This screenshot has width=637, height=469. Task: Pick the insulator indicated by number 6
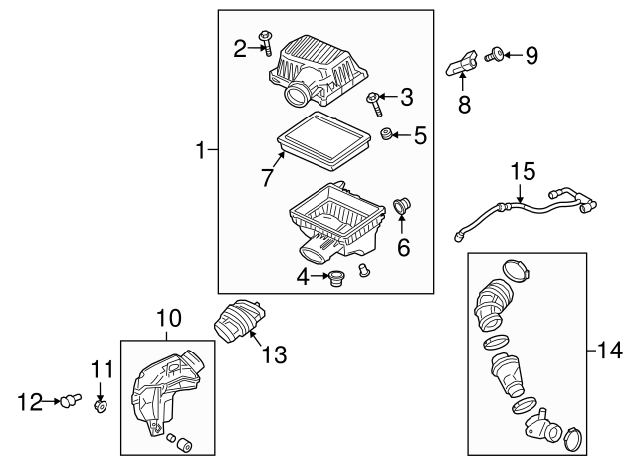point(403,207)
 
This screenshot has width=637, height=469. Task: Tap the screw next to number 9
point(495,55)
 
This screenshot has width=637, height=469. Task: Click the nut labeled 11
point(101,406)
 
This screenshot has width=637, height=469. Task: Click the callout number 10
point(168,320)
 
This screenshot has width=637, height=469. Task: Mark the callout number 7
point(267,177)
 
